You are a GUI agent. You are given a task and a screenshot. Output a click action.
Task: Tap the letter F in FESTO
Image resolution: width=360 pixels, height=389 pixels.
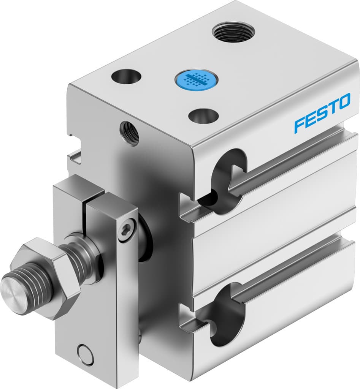pyautogui.click(x=299, y=125)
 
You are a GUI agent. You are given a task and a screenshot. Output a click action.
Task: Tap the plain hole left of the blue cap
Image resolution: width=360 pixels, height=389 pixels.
pyautogui.click(x=125, y=76)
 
